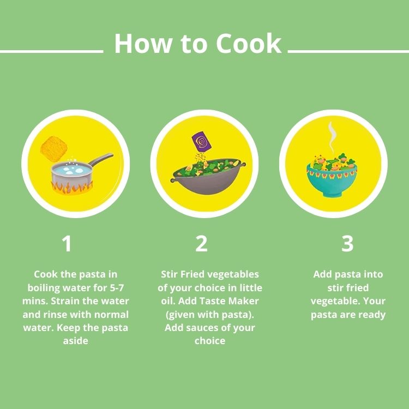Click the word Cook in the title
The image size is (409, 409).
[x=249, y=43]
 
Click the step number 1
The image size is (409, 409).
[x=67, y=244]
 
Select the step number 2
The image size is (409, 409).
[x=202, y=244]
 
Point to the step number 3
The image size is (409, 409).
[x=347, y=244]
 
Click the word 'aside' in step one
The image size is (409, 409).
[x=75, y=341]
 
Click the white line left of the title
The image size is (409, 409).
[x=52, y=52]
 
